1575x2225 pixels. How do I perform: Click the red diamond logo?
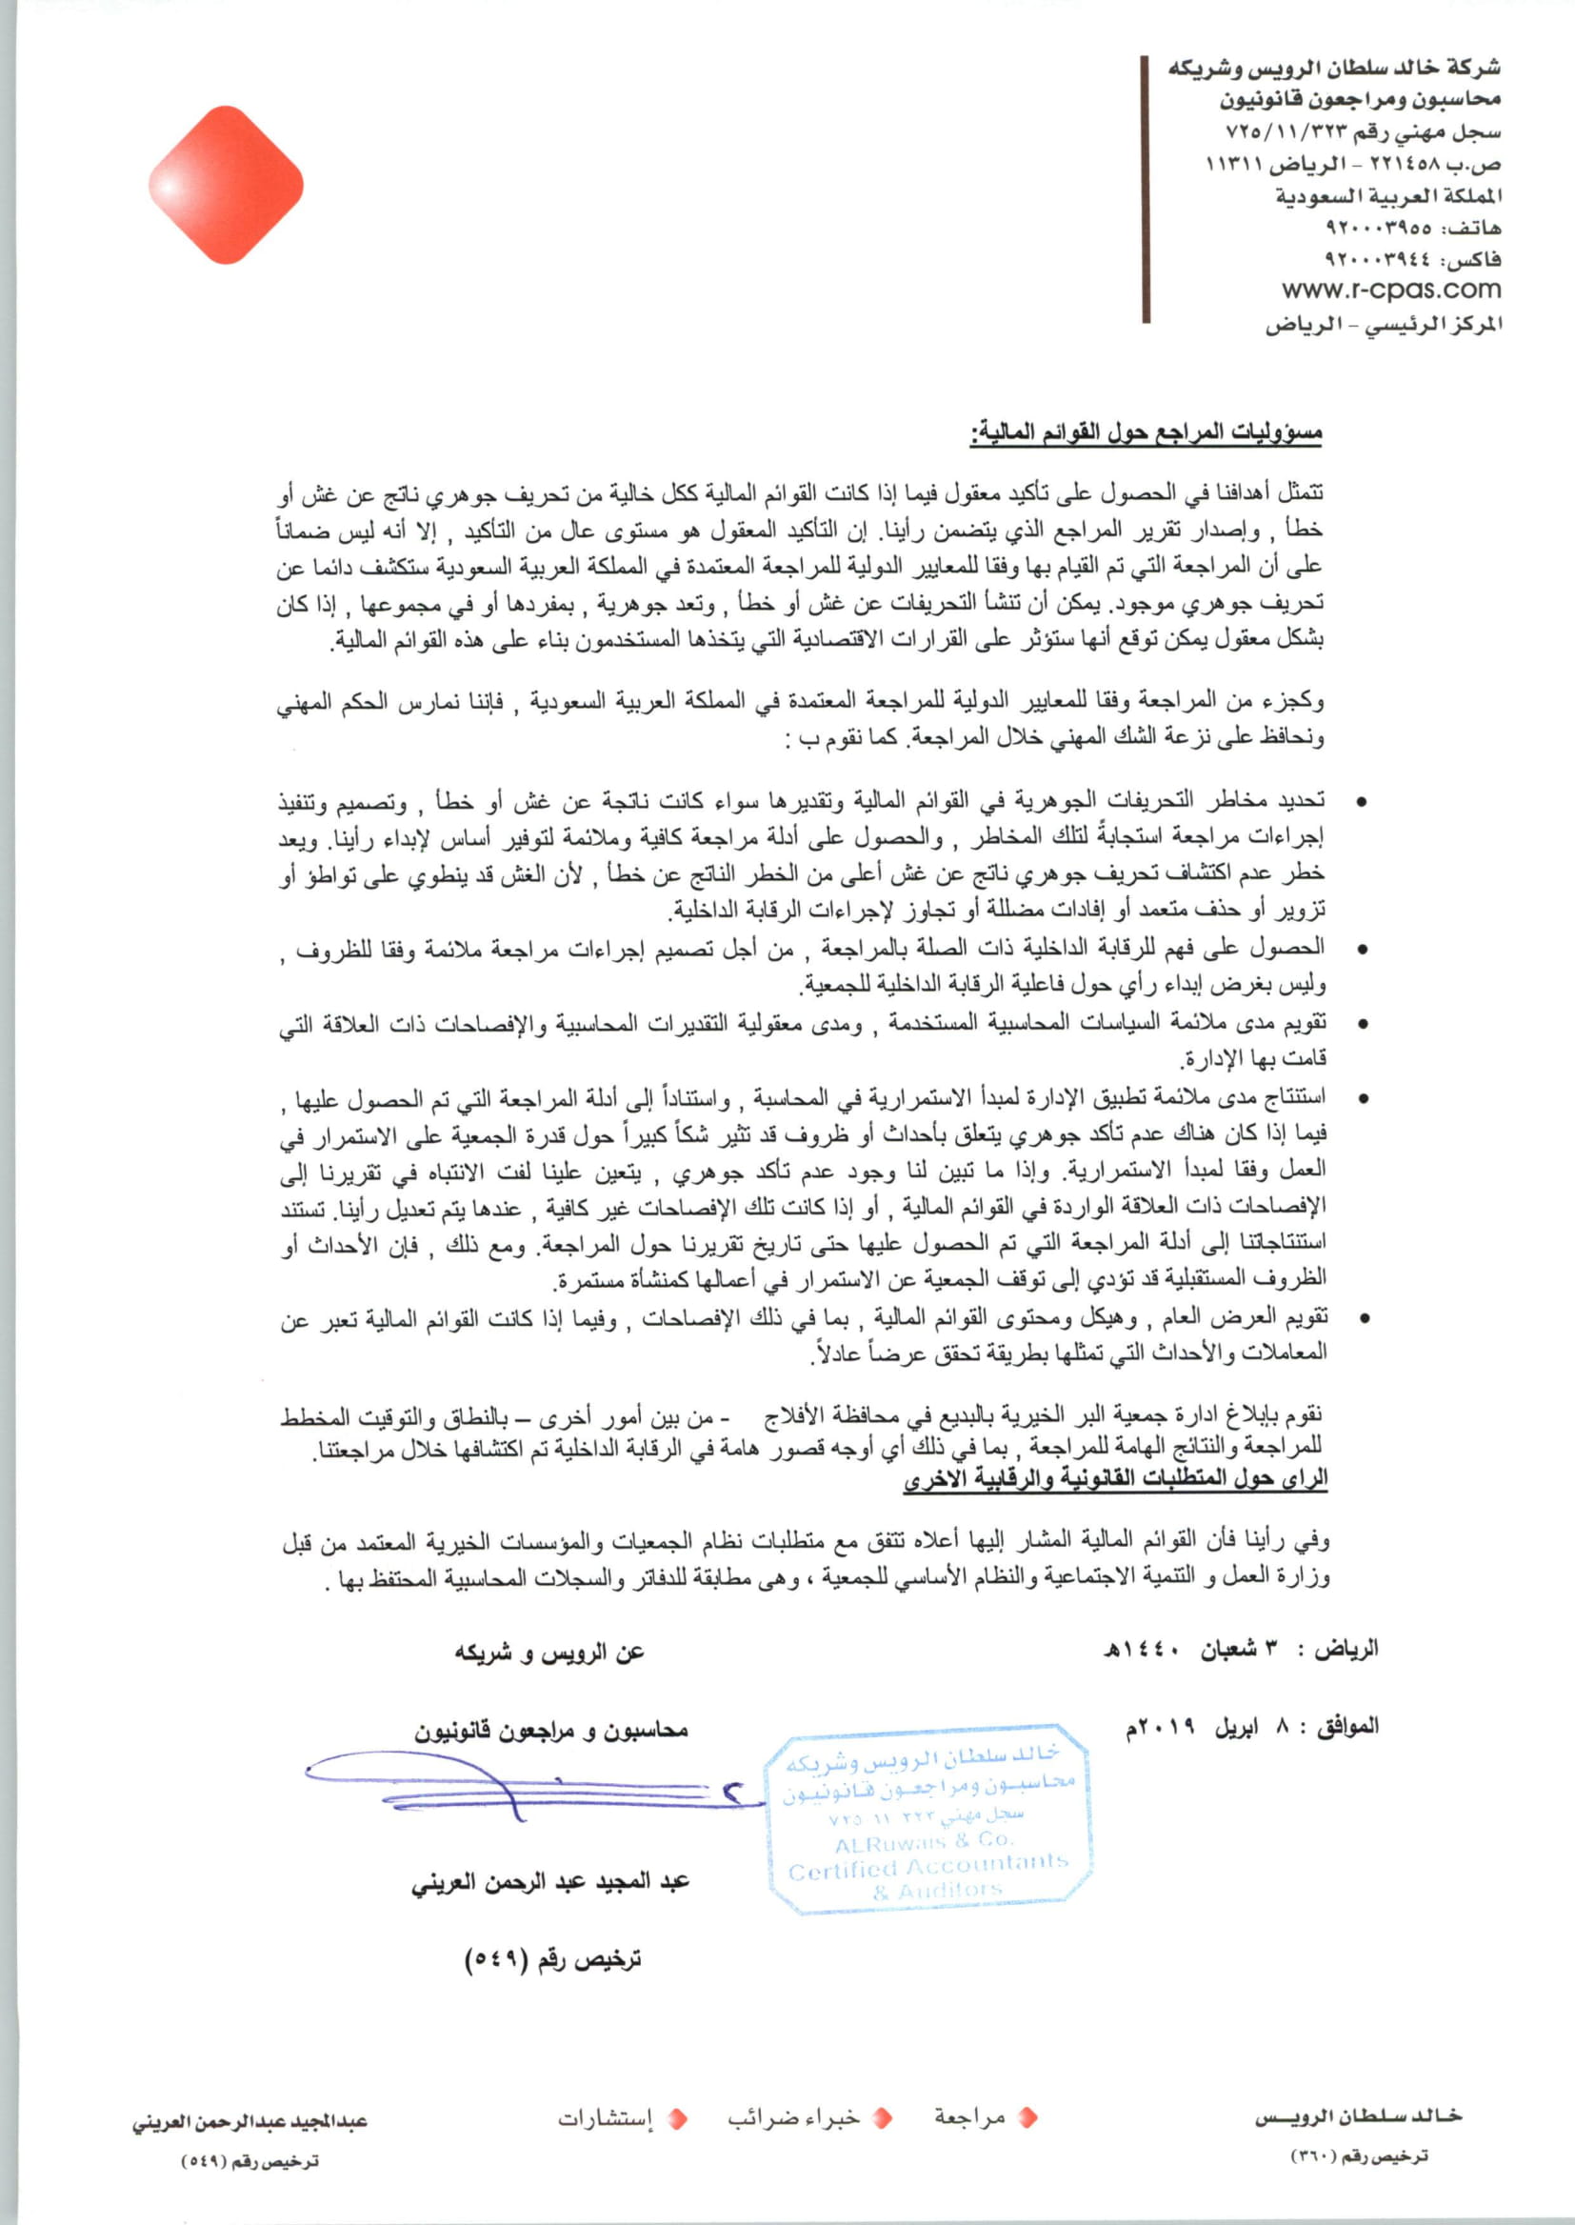(x=226, y=185)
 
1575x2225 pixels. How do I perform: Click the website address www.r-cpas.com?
(x=1390, y=289)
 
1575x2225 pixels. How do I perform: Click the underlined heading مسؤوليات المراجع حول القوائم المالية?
(x=1147, y=433)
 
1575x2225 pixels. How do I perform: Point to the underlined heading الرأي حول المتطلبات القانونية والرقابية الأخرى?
(x=1115, y=1479)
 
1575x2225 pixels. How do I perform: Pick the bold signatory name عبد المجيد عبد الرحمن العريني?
(x=549, y=1883)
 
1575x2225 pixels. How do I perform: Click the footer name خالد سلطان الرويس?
(x=1358, y=2117)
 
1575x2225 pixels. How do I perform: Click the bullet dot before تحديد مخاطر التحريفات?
(x=1363, y=803)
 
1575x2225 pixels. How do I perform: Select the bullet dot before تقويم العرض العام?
(x=1363, y=1319)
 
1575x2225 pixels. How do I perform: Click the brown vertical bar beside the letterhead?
(x=1146, y=190)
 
